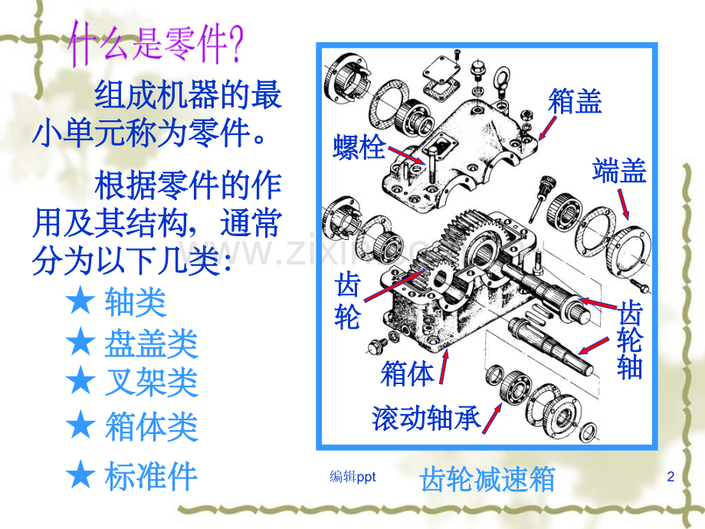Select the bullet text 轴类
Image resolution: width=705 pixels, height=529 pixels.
pyautogui.click(x=135, y=303)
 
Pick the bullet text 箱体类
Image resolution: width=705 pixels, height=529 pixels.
pyautogui.click(x=151, y=426)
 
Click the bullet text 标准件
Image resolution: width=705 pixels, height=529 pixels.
pyautogui.click(x=151, y=476)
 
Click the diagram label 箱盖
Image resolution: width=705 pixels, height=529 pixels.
pyautogui.click(x=575, y=100)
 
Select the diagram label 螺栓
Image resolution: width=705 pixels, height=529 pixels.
pyautogui.click(x=359, y=146)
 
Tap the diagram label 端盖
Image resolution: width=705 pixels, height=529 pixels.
pyautogui.click(x=619, y=170)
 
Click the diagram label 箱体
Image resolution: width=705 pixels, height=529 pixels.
pyautogui.click(x=407, y=373)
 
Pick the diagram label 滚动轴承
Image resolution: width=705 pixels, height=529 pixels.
pyautogui.click(x=425, y=418)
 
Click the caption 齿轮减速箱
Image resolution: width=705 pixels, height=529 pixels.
pyautogui.click(x=487, y=480)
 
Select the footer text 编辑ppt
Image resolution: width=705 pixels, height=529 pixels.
pyautogui.click(x=352, y=477)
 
